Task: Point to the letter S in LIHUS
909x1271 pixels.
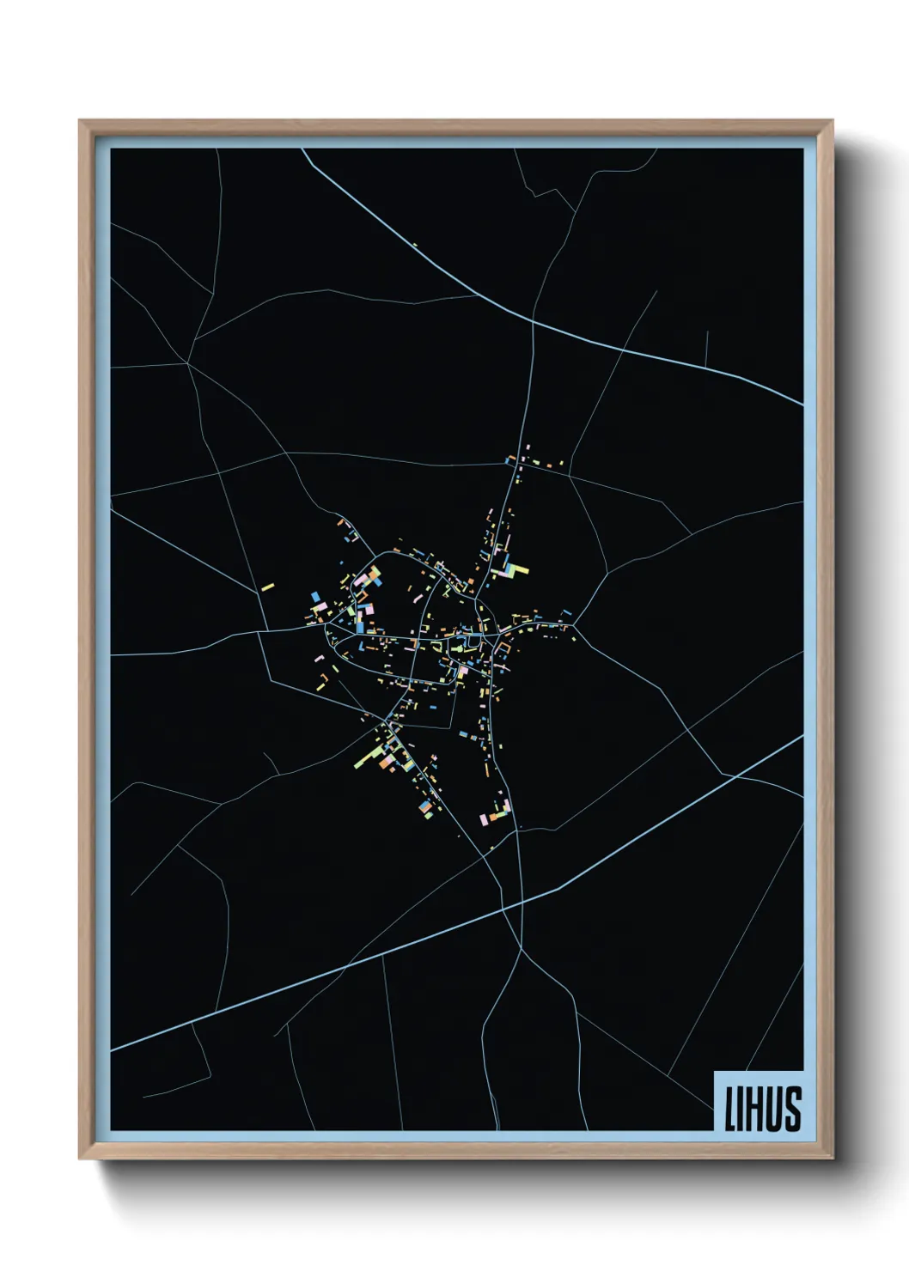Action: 793,1109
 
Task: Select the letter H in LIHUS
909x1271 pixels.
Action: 753,1109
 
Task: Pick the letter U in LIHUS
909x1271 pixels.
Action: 773,1109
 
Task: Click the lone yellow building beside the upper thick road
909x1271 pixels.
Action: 414,245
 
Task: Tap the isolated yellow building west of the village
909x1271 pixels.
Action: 267,588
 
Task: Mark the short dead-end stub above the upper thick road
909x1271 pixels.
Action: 706,348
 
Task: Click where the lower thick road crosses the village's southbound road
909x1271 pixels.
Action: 522,903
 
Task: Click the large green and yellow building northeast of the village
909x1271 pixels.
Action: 515,569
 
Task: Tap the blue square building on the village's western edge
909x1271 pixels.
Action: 316,596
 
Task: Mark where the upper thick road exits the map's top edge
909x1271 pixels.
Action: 302,149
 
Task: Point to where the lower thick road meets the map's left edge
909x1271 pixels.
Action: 112,1049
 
